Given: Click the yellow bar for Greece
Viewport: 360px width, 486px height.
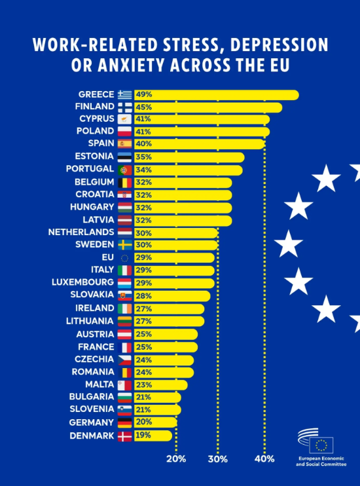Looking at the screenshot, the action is click(x=216, y=95).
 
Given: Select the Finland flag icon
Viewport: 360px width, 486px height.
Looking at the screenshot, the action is click(x=124, y=107).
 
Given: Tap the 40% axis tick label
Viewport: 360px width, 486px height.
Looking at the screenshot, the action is click(x=264, y=458).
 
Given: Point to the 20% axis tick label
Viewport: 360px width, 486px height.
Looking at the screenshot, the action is click(x=176, y=458).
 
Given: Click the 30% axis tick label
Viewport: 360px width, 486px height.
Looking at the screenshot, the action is click(x=217, y=458).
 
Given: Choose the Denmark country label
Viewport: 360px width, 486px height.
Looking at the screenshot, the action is click(x=92, y=436).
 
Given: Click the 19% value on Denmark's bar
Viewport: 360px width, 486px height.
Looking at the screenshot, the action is click(x=143, y=435).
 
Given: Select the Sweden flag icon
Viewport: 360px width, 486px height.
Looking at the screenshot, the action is click(x=124, y=245).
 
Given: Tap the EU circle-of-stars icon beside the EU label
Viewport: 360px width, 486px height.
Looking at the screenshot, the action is click(x=124, y=258).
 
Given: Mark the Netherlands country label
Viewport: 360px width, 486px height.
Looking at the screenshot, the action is click(x=81, y=232).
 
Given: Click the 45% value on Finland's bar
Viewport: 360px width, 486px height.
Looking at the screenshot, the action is click(x=144, y=107).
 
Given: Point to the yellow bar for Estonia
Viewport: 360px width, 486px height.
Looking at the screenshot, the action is click(x=189, y=157).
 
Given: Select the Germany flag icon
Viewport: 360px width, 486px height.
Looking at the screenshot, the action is click(x=124, y=422).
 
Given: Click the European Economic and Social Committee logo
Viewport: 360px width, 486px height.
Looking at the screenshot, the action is click(x=321, y=447).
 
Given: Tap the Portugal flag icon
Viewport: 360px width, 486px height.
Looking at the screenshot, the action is click(x=124, y=170).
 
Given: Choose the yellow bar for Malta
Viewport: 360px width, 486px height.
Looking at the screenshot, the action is click(x=160, y=385).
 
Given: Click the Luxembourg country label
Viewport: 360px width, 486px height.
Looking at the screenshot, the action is click(x=82, y=282).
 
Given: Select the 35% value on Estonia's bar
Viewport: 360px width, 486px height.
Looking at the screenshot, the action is click(x=144, y=157).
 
